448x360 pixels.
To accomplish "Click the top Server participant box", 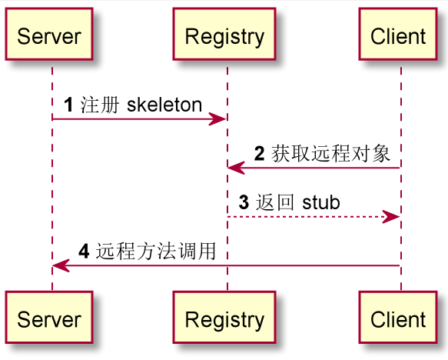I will [x=49, y=35].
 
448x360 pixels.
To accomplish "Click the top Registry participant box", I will [x=224, y=35].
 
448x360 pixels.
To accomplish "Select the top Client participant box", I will [x=398, y=35].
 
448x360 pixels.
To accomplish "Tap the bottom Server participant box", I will [x=49, y=318].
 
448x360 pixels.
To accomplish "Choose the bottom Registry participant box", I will [x=224, y=318].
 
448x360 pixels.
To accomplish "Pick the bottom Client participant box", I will [x=398, y=318].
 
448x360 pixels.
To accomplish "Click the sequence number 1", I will [x=68, y=105].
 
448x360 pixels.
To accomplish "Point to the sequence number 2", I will [x=259, y=154].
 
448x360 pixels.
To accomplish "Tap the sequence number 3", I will [x=244, y=203].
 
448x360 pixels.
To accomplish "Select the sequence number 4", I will [x=84, y=252].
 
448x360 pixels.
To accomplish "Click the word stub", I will [x=321, y=203].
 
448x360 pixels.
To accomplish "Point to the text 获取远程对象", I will [x=330, y=154].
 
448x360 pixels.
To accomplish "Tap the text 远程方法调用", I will [x=155, y=252].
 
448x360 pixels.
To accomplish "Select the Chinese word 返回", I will [x=274, y=203].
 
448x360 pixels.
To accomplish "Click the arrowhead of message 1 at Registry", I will [x=220, y=118].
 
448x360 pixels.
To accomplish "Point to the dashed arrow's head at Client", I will [x=393, y=217].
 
